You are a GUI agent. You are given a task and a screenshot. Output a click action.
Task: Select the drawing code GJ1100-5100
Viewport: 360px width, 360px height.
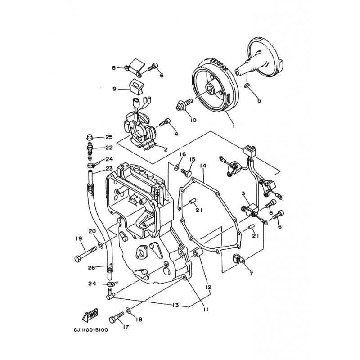pyautogui.click(x=91, y=329)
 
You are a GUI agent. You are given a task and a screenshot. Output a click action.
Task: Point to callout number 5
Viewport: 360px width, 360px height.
pyautogui.click(x=259, y=101)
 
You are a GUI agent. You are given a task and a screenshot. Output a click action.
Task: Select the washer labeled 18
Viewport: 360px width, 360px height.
pyautogui.click(x=129, y=310)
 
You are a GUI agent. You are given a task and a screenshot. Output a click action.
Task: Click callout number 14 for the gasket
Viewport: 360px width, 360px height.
pyautogui.click(x=203, y=166)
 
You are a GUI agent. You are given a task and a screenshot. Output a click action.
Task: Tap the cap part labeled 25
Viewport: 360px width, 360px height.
pyautogui.click(x=89, y=135)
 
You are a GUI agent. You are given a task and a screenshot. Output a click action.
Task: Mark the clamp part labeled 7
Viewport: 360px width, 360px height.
pyautogui.click(x=237, y=259)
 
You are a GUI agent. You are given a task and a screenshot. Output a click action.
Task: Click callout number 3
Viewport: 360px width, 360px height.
pyautogui.click(x=243, y=194)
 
